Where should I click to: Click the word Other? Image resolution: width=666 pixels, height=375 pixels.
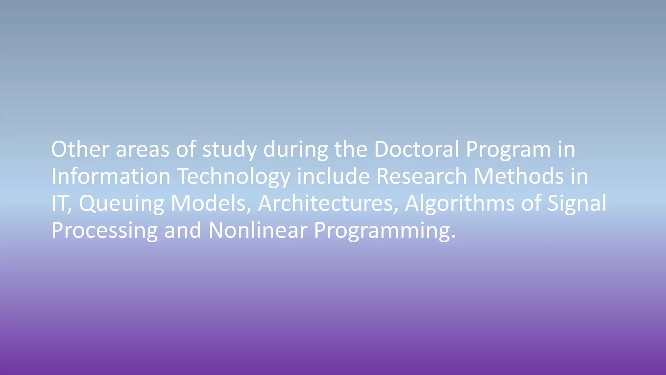[80, 149]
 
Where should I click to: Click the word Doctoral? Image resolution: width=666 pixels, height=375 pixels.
[416, 149]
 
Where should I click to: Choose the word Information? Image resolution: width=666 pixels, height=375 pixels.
[111, 176]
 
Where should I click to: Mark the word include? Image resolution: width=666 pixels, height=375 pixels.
[333, 176]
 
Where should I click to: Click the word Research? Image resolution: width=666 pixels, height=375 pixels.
[421, 176]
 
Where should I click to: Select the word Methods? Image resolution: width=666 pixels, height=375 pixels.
[519, 176]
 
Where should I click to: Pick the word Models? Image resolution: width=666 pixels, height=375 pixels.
[211, 203]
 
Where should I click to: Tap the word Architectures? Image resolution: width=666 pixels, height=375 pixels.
[328, 203]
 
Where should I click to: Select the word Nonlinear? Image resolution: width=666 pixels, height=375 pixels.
[258, 230]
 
